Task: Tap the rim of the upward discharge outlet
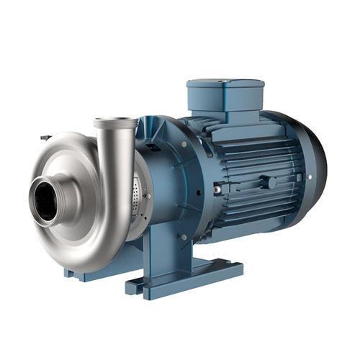[115, 123]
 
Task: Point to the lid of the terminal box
[225, 86]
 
